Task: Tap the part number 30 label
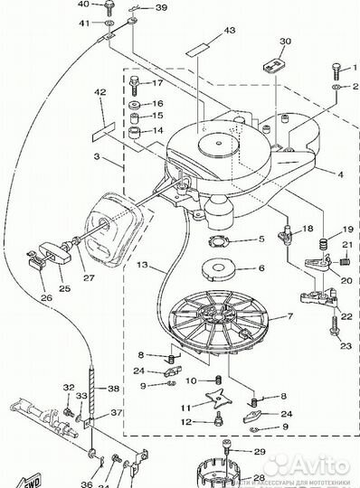260,42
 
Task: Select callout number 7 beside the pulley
290,317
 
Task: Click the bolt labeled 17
135,86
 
